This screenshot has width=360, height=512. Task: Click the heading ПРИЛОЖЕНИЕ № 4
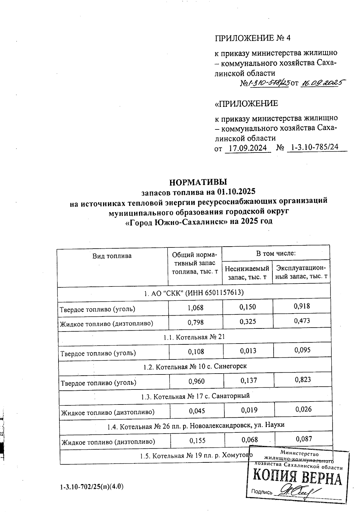click(253, 38)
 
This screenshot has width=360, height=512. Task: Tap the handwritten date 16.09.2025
click(322, 83)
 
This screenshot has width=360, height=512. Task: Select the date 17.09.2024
click(247, 148)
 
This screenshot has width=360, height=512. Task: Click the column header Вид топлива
click(112, 256)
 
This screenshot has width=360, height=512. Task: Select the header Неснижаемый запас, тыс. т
click(247, 273)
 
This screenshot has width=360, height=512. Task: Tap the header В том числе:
click(276, 253)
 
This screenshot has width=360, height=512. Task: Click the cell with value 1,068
click(195, 308)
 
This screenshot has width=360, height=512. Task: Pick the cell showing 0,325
click(248, 322)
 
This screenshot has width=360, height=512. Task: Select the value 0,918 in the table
click(302, 306)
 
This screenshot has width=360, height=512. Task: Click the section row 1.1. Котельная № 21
click(194, 337)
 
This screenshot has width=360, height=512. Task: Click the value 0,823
click(303, 380)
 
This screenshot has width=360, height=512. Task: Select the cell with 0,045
click(197, 411)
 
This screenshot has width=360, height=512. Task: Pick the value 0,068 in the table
click(250, 440)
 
